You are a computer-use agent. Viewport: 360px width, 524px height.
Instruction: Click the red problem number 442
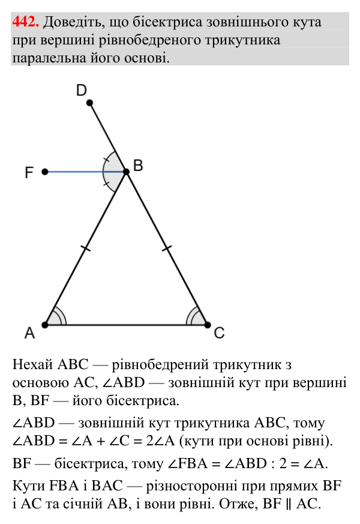(x=26, y=22)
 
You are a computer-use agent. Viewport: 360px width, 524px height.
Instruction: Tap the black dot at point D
(x=89, y=103)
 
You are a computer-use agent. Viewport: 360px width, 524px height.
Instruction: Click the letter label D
(x=82, y=90)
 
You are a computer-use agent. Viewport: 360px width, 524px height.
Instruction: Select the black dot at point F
(x=45, y=172)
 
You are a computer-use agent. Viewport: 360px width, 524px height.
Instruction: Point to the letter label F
(x=29, y=172)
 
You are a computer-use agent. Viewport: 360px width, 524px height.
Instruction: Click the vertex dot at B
(x=126, y=172)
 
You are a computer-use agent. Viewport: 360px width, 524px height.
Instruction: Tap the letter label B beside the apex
(x=138, y=166)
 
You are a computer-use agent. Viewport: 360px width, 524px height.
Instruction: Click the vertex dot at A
(x=45, y=325)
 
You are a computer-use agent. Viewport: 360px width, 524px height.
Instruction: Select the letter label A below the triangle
(x=30, y=333)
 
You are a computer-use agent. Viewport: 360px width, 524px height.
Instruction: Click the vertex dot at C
(x=208, y=325)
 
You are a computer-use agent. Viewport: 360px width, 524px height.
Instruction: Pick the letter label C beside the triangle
(x=219, y=333)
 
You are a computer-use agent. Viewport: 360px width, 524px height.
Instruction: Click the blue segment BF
(x=85, y=172)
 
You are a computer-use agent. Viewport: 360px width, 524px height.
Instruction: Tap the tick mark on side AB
(x=85, y=248)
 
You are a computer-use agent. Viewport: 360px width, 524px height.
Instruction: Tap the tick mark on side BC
(x=167, y=248)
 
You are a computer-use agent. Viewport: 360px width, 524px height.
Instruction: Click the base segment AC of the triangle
(x=126, y=325)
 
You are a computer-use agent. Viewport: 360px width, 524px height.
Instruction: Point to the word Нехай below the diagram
(x=33, y=364)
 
